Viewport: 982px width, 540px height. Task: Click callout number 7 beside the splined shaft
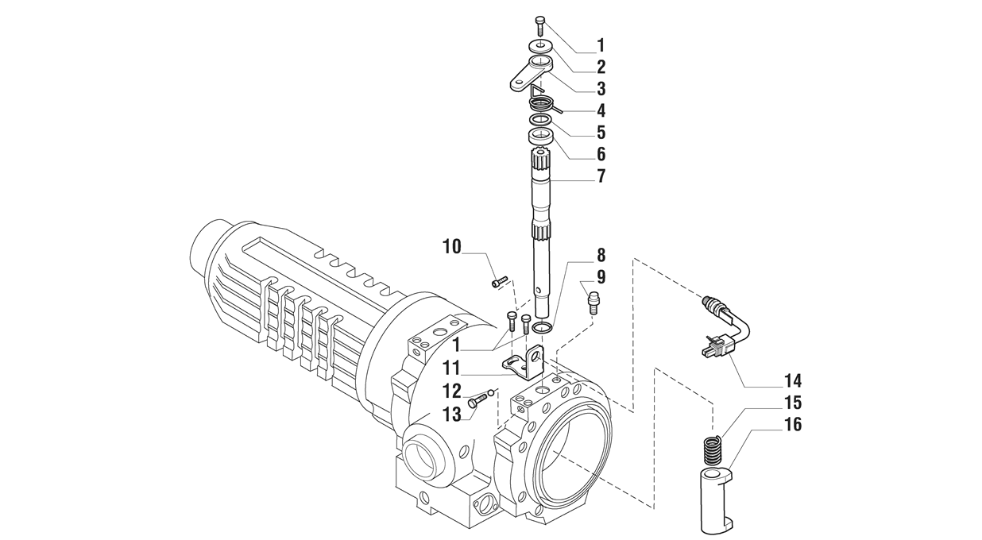(x=601, y=175)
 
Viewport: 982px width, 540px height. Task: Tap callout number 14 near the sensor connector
(x=793, y=381)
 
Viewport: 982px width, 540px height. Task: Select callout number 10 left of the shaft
(x=452, y=247)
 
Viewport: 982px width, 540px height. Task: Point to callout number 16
(x=793, y=424)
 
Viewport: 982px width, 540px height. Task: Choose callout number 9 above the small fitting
(x=601, y=277)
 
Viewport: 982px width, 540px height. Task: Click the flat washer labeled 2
(x=539, y=45)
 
